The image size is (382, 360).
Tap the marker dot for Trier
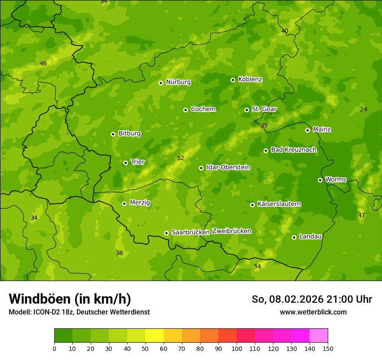(x=125, y=163)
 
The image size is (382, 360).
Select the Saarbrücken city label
(x=191, y=232)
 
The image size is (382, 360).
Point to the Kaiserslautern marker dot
(x=252, y=205)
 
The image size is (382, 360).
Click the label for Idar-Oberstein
(x=228, y=167)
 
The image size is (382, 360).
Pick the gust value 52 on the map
(x=181, y=158)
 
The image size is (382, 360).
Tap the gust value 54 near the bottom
(x=257, y=266)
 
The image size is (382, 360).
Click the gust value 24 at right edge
(x=363, y=109)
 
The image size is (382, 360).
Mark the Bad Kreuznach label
(x=293, y=150)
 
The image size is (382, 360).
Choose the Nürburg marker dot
(x=161, y=83)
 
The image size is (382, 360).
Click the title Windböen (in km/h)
(x=69, y=299)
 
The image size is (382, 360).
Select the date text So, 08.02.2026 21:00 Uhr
(x=312, y=299)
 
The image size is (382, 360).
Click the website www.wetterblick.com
(x=313, y=312)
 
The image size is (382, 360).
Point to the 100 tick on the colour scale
(x=237, y=348)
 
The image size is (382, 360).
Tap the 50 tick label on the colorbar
(x=145, y=348)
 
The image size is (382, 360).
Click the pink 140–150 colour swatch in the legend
(x=319, y=336)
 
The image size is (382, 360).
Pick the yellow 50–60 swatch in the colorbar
(x=155, y=336)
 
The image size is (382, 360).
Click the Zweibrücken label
(x=231, y=231)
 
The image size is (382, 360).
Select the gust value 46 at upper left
(x=43, y=63)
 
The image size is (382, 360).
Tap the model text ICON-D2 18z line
(x=79, y=312)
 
